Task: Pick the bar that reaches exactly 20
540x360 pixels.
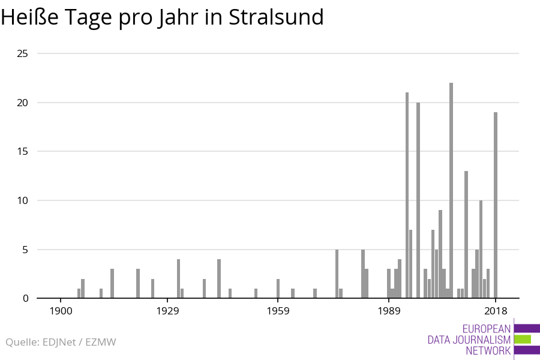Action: point(418,200)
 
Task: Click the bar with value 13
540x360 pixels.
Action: point(466,235)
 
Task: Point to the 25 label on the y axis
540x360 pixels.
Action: point(23,54)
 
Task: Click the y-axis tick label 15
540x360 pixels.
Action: point(23,152)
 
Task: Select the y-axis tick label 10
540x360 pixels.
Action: point(23,200)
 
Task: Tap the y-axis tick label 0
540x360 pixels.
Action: point(26,298)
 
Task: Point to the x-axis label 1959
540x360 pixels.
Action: point(278,311)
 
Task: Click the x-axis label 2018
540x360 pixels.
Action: point(496,311)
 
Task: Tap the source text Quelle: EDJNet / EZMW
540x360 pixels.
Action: point(61,342)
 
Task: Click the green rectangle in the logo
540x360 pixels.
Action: point(523,339)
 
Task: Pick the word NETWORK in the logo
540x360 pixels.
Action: point(488,350)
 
